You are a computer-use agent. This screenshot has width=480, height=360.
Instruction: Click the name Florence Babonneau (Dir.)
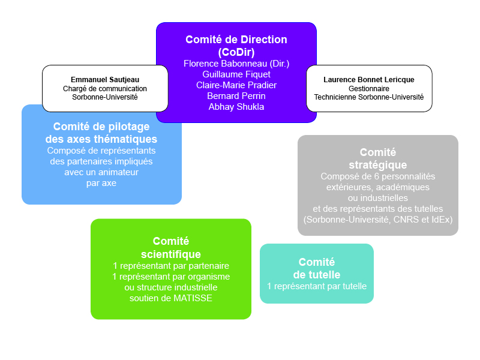[x=236, y=63]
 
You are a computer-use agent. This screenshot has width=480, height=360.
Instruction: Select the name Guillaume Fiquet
[x=236, y=74]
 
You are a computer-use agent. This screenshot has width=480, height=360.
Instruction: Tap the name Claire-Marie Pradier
[x=236, y=85]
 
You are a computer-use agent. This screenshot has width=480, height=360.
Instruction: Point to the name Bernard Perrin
[x=236, y=95]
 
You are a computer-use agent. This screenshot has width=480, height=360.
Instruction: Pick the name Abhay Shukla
[x=236, y=107]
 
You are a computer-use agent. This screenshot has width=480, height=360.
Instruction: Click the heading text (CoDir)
[x=236, y=52]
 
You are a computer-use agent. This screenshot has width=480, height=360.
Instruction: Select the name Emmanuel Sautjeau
[x=105, y=80]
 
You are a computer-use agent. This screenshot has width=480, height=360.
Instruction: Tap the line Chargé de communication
[x=105, y=88]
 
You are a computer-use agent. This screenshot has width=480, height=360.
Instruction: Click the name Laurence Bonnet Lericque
[x=368, y=80]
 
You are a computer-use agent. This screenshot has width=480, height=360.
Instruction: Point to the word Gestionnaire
[x=368, y=88]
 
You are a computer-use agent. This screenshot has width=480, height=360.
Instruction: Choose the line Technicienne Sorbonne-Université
[x=368, y=97]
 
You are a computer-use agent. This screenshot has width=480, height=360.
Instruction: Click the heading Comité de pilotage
[x=101, y=127]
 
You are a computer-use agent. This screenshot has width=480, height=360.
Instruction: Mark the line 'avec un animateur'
[x=101, y=172]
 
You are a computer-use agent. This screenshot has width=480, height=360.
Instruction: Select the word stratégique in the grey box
[x=377, y=164]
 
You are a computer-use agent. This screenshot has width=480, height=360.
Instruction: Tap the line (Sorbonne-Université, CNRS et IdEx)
[x=377, y=220]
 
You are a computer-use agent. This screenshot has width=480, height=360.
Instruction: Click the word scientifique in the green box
[x=170, y=254]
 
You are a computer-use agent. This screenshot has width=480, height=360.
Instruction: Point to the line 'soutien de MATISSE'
[x=170, y=298]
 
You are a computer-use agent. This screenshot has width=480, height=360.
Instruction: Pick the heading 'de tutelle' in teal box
[x=316, y=274]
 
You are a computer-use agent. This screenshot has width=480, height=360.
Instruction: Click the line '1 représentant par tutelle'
[x=316, y=286]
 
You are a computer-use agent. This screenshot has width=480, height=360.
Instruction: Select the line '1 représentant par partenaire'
[x=170, y=265]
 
